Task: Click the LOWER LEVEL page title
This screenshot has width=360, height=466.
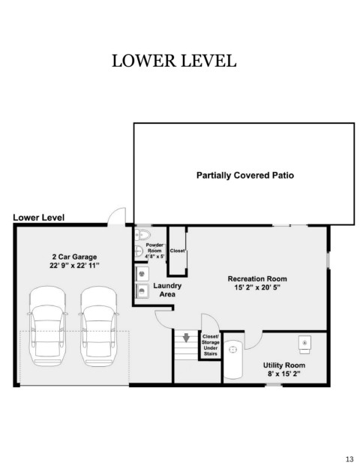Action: [x=174, y=61]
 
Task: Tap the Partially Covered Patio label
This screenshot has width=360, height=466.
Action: [x=245, y=175]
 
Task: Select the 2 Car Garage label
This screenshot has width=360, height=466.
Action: [x=74, y=257]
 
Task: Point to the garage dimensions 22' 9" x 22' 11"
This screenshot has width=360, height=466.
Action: [x=74, y=266]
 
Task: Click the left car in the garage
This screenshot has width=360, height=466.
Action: [x=47, y=326]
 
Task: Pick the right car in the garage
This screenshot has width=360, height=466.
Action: [x=98, y=326]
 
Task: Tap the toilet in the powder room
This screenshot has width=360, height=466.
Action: [x=142, y=235]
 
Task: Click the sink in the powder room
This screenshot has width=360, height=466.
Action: [x=139, y=251]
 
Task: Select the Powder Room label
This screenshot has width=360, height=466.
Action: [x=154, y=248]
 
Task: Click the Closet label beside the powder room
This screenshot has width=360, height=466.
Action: [x=177, y=251]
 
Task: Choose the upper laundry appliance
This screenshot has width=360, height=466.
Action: [x=142, y=274]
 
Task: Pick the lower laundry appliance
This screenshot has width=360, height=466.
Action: [x=142, y=290]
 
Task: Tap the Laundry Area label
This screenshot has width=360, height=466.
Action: [x=167, y=290]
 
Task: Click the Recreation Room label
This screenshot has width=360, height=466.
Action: [x=257, y=278]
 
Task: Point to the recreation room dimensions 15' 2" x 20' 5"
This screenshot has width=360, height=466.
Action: [x=257, y=287]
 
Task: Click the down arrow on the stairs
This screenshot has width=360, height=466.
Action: [x=186, y=338]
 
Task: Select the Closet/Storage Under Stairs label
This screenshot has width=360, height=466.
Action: [x=211, y=345]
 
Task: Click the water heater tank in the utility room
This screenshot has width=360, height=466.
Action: [x=232, y=359]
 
